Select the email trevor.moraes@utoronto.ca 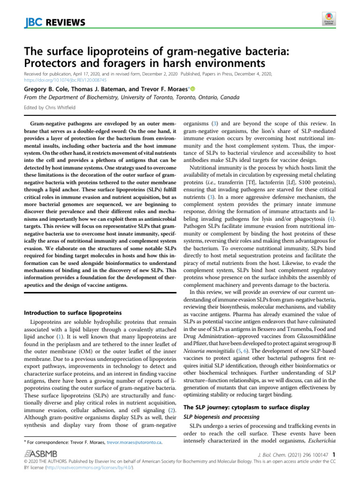[x=134, y=442]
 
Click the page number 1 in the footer [x=333, y=454]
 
